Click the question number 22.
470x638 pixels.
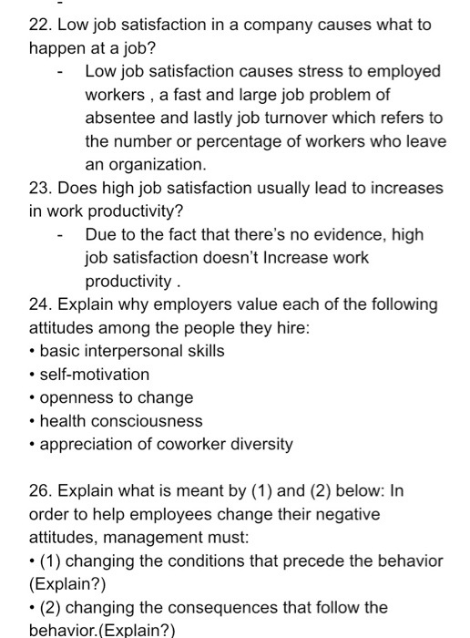coord(41,25)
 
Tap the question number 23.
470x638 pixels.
coord(41,189)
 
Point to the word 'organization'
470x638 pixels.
coord(144,166)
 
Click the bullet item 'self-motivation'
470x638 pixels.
coord(95,375)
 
